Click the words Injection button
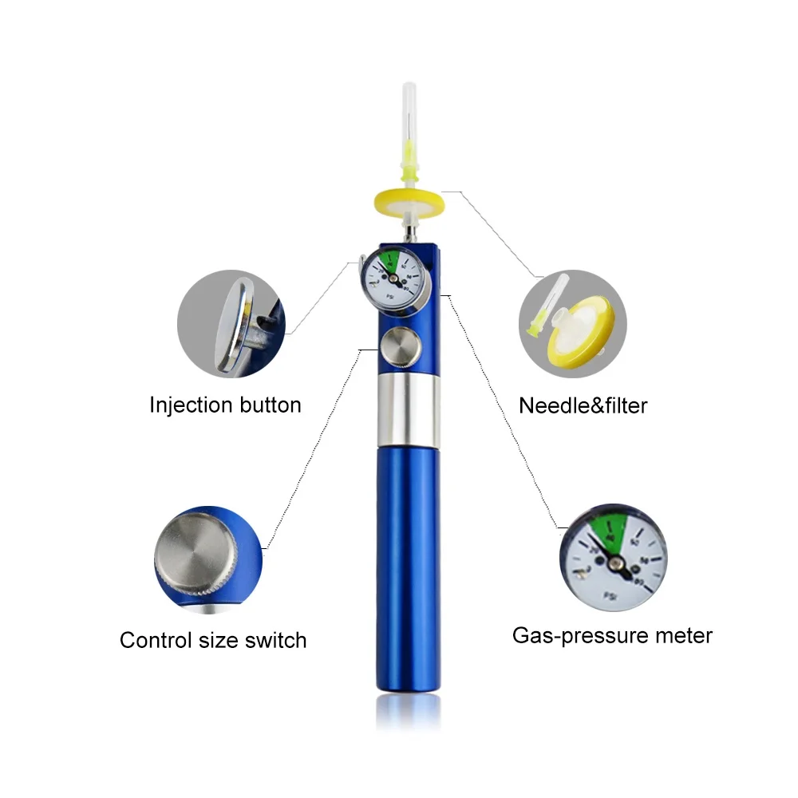[225, 405]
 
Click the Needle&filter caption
[583, 405]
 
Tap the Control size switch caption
[213, 640]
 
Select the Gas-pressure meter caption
[612, 636]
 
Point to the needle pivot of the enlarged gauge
[616, 564]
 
